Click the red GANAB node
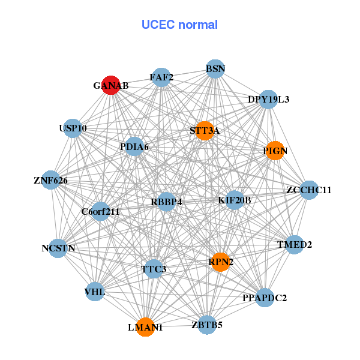coord(111,85)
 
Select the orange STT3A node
coord(205,131)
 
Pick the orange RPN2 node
coord(220,262)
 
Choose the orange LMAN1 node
coord(145,327)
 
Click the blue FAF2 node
coord(161,77)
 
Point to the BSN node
coord(215,69)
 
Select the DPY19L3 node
coord(269,99)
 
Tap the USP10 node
coord(73,128)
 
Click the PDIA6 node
coord(134,146)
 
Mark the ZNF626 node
coord(50,180)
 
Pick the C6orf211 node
coord(100,211)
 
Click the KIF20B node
coord(235,200)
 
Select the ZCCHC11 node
coord(308,190)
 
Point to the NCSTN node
coord(58,248)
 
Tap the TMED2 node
coord(294,244)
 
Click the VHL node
coord(95,292)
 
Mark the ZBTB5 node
coord(207,325)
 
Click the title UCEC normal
coord(179,25)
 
